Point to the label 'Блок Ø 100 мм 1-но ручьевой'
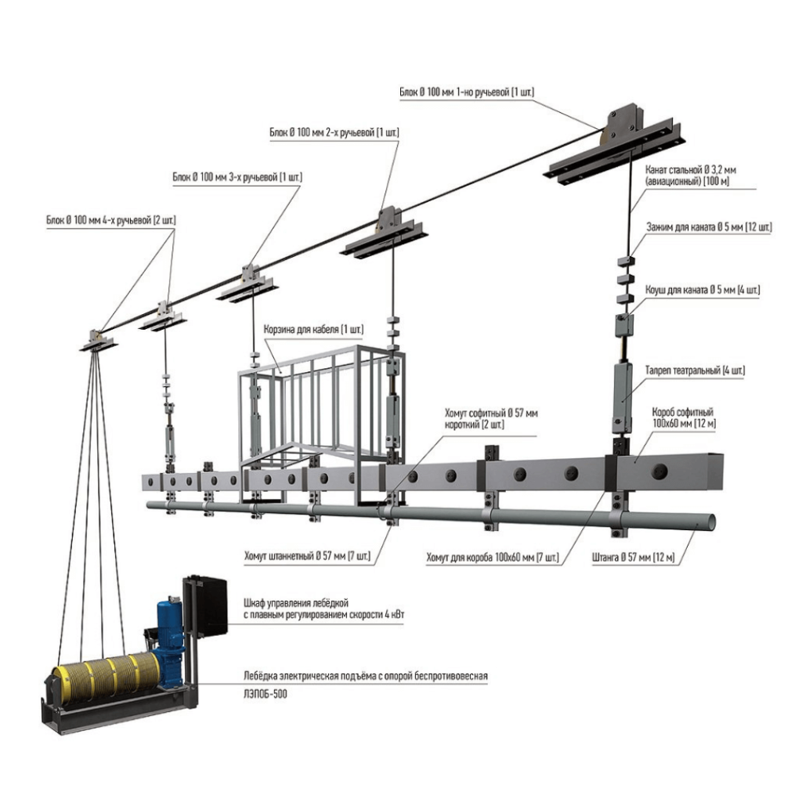[467, 92]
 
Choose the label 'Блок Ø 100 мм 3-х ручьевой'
[237, 177]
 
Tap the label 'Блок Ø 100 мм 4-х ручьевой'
[110, 220]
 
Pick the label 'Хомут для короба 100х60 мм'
[492, 559]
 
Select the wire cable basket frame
[321, 407]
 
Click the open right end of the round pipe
[709, 522]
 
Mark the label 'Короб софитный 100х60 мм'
[683, 417]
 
